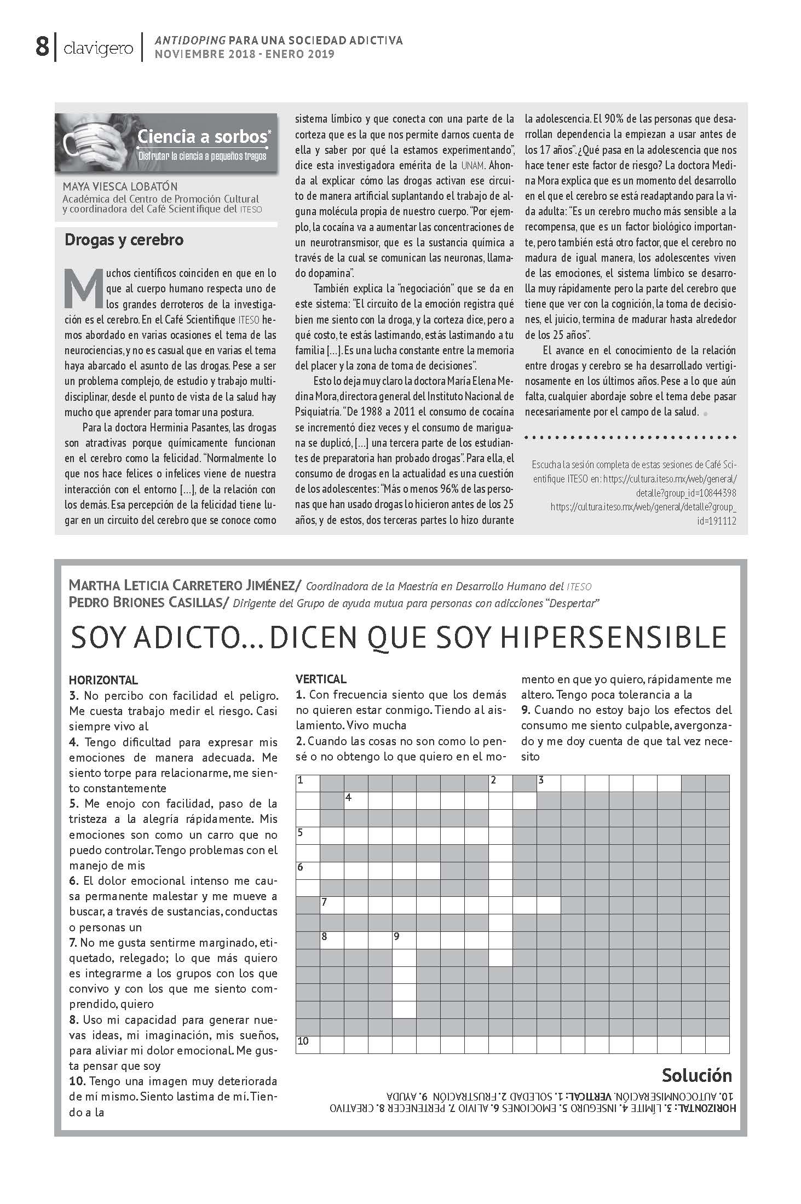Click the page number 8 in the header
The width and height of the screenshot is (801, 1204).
point(42,47)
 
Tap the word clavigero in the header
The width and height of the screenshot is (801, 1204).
point(98,49)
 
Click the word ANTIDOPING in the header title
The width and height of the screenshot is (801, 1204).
point(190,41)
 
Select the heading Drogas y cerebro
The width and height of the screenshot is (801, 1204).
point(124,240)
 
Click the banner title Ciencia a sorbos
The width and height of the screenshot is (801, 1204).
point(203,136)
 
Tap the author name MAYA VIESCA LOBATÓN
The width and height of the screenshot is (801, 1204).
point(120,187)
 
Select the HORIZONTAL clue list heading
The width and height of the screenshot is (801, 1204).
point(103,681)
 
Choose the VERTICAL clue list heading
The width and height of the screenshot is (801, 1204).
point(321,679)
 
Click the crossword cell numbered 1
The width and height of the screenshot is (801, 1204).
point(307,783)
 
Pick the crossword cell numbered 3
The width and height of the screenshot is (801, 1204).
point(548,783)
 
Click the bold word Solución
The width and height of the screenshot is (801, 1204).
point(696,1075)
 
